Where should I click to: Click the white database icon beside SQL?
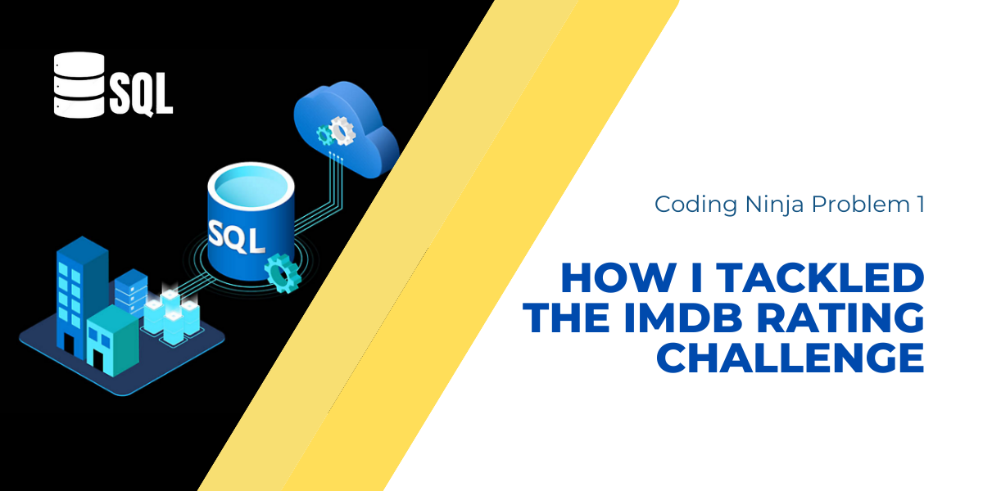tap(79, 83)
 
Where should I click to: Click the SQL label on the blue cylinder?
tap(237, 236)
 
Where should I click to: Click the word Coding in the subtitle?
tap(691, 205)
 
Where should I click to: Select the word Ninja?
tap(768, 205)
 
